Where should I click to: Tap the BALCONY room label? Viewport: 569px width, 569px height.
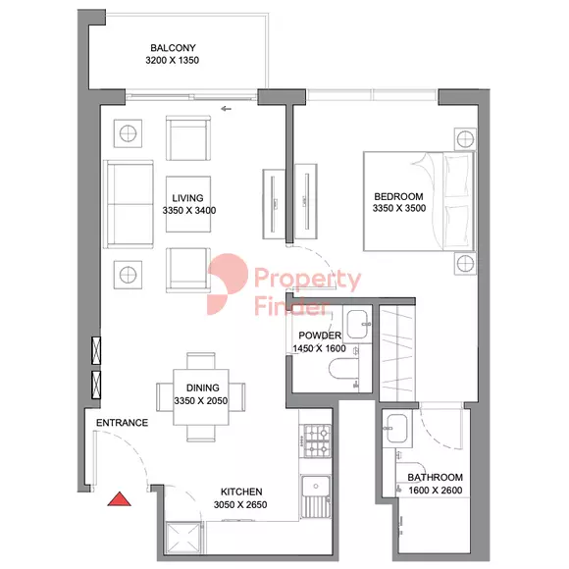point(174,48)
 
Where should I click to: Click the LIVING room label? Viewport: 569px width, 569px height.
point(182,196)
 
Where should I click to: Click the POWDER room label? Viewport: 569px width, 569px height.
point(320,336)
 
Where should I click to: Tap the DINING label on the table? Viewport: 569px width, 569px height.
point(200,388)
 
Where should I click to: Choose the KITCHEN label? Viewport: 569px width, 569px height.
point(240,491)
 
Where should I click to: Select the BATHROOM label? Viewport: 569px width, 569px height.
point(436,478)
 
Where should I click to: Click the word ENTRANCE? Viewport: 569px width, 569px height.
point(122,423)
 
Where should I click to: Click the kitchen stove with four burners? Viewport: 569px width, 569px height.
point(315,442)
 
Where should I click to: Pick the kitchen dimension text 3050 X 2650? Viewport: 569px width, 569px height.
point(240,505)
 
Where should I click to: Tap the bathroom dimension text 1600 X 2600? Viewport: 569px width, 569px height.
point(436,491)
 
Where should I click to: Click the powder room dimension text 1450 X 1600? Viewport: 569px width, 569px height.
point(320,349)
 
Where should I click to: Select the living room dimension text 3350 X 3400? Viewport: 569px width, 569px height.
point(182,210)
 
